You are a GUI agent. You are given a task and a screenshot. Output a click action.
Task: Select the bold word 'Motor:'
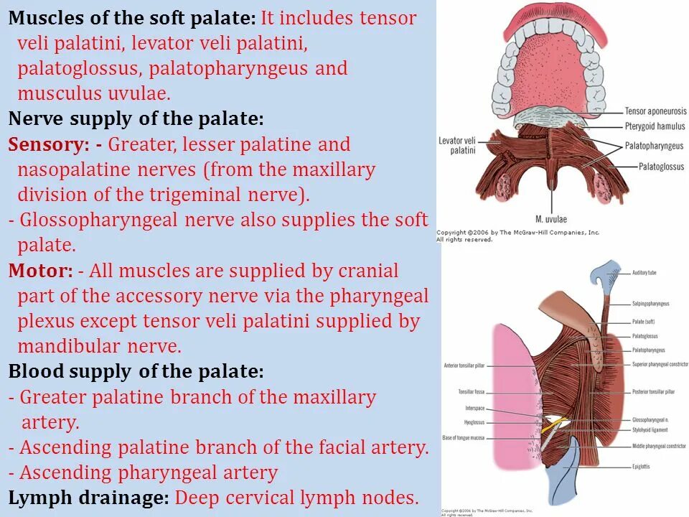click(x=40, y=271)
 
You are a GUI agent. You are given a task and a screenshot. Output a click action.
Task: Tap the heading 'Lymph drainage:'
click(x=89, y=498)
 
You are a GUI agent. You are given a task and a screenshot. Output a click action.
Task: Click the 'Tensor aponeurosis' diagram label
click(x=655, y=111)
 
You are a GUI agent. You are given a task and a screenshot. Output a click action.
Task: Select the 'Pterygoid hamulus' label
click(x=655, y=128)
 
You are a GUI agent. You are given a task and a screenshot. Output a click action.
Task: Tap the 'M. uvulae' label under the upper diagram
click(x=548, y=219)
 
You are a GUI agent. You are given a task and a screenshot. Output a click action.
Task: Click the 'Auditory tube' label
click(x=644, y=273)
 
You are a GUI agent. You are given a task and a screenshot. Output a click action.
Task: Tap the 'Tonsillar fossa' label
click(x=471, y=392)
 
